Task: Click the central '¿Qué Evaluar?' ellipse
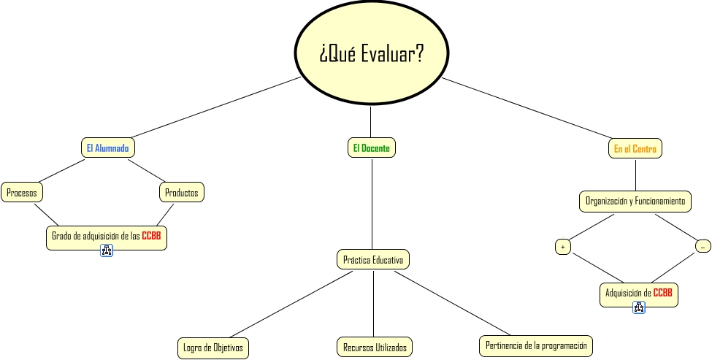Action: pos(370,53)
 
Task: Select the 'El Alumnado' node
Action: pos(107,148)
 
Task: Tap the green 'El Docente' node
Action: pos(371,148)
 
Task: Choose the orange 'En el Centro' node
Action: pos(635,149)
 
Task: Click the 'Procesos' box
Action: pos(22,193)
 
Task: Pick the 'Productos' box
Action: pos(182,193)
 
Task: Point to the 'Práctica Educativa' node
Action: pos(372,259)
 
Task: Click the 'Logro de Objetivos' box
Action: pos(213,348)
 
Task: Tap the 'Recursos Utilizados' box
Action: pos(375,348)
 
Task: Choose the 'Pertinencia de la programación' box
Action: pos(536,345)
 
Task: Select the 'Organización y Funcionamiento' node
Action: pos(635,201)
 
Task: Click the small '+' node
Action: pos(562,247)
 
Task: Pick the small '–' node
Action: pos(703,247)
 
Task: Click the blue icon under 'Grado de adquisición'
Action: pos(107,251)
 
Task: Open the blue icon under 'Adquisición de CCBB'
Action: pos(638,307)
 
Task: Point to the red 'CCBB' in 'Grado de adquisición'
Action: pos(151,236)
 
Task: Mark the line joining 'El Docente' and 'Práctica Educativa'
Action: pos(372,204)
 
